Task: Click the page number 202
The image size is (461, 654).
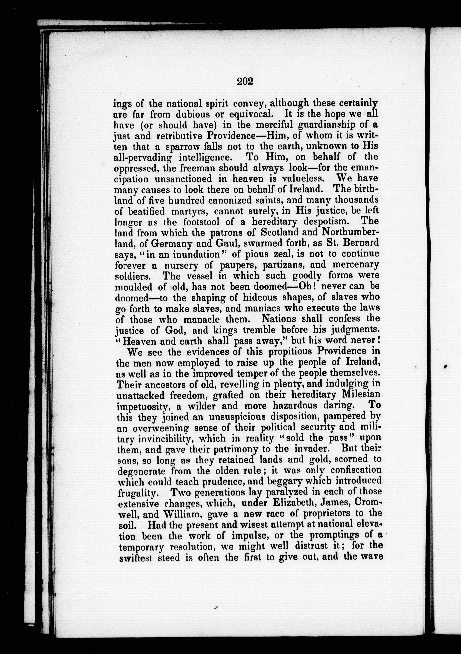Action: coord(245,82)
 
